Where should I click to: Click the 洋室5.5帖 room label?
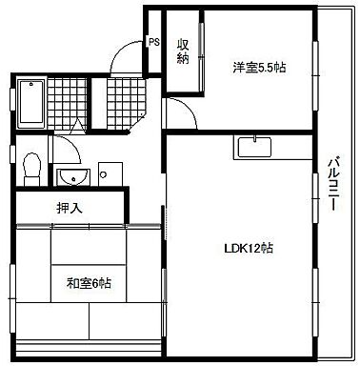coord(259,67)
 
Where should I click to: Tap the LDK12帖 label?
coord(250,249)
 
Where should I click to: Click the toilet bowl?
coord(30,166)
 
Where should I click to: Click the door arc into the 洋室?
coord(184,114)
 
